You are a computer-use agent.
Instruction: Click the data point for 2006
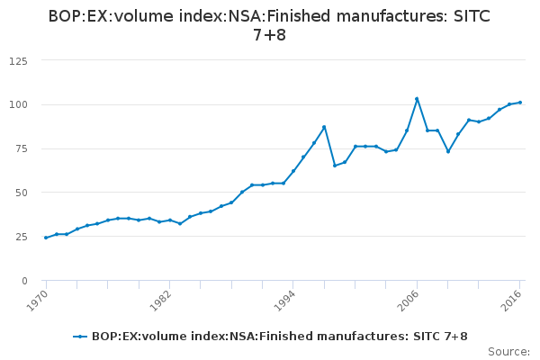(417, 99)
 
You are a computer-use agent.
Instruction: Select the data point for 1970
(46, 238)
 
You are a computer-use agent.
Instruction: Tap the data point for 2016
(520, 103)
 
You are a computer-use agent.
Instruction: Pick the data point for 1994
(293, 171)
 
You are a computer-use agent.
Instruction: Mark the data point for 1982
(170, 220)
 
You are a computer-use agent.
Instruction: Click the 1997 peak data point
(324, 127)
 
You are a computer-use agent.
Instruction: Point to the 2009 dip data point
(448, 151)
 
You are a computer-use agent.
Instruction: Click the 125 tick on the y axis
(18, 61)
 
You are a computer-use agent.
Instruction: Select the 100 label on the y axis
(18, 105)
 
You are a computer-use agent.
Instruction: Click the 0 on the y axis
(24, 282)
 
